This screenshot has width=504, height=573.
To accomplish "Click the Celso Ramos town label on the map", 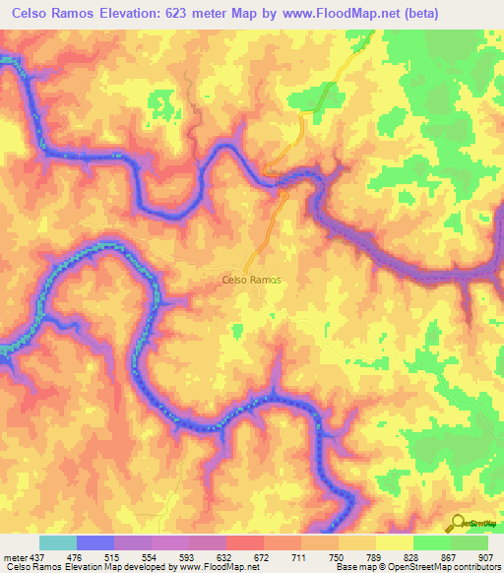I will tap(249, 281).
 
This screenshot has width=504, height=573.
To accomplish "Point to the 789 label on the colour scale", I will tap(375, 557).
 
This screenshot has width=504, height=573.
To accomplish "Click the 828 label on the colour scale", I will tap(412, 557).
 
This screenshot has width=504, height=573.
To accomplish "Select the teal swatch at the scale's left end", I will tap(57, 543).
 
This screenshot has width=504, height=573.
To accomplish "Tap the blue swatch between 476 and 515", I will tap(95, 543).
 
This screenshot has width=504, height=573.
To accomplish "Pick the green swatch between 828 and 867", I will tap(432, 543).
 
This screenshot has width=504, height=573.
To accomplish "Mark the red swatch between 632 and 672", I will tap(244, 543).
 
